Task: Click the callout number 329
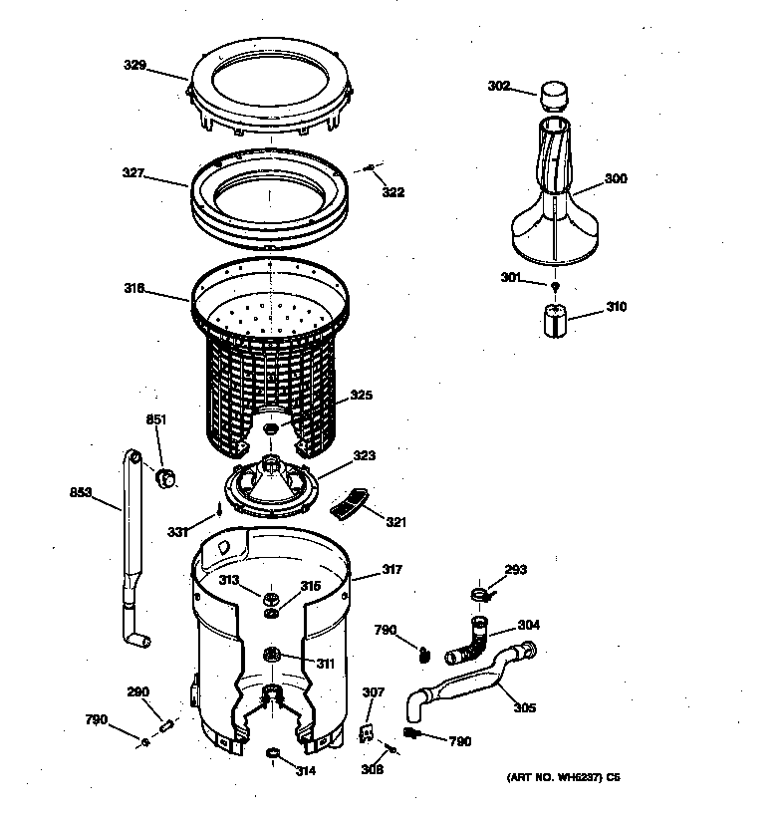coord(134,66)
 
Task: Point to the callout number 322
coord(393,192)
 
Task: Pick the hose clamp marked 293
coord(480,596)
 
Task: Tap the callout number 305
coord(524,708)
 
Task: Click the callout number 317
coord(392,571)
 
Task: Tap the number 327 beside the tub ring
coord(134,173)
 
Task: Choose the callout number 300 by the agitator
coord(616,179)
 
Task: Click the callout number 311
coord(326,664)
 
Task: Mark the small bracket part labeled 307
coord(366,733)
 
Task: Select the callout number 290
coord(137,692)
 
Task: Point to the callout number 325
coord(360,396)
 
